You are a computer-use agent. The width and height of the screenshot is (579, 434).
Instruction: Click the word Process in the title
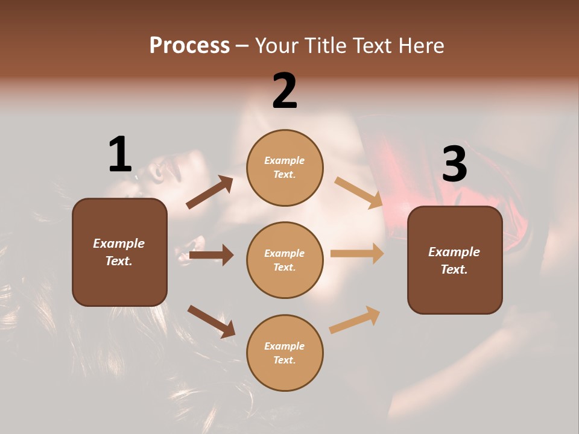click(189, 46)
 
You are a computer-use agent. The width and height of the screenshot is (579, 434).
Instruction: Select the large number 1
click(120, 155)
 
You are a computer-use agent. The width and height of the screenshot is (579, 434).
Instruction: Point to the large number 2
click(285, 91)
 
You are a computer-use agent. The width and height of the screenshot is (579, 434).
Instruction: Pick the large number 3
click(454, 165)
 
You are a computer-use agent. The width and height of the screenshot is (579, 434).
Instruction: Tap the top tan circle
click(285, 168)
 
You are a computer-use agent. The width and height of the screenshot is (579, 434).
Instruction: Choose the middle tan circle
click(285, 260)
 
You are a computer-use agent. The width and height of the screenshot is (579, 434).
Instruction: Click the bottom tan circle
click(285, 353)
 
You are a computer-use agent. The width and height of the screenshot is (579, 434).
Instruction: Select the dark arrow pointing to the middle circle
click(211, 255)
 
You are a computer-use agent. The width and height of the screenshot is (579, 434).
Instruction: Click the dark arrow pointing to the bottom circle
click(211, 321)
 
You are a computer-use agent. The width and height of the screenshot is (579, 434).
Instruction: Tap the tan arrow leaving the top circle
click(358, 192)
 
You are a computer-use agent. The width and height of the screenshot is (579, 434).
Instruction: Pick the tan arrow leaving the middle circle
click(357, 254)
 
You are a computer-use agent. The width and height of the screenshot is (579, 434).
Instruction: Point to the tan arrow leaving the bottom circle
click(355, 320)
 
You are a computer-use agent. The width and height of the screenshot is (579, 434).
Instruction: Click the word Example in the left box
click(119, 244)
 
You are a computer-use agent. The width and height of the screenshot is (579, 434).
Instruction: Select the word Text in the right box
click(453, 269)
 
